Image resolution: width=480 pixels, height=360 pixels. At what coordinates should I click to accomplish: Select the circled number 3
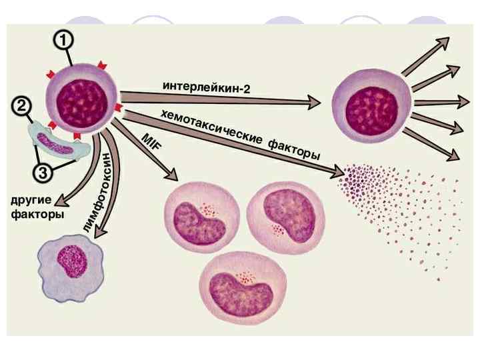point(42,173)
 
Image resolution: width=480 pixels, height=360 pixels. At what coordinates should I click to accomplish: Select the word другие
point(32,201)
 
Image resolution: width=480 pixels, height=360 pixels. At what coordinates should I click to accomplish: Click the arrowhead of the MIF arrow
point(173,175)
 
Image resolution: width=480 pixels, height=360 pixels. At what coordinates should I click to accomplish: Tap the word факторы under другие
point(36,215)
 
